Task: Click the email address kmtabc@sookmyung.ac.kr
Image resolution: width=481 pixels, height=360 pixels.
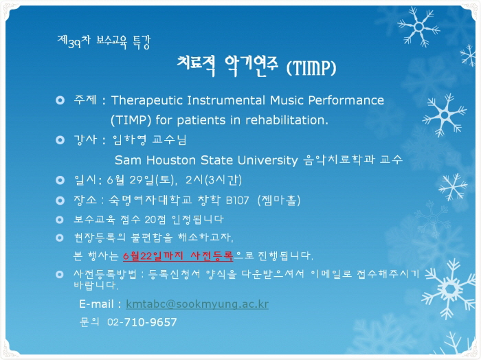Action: tap(197, 304)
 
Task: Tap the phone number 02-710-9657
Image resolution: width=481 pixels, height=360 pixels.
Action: tap(142, 322)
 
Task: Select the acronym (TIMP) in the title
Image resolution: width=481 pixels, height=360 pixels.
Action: tap(311, 68)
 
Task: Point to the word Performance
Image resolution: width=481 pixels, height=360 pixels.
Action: tap(346, 100)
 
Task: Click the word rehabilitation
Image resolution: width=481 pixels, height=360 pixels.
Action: tap(287, 120)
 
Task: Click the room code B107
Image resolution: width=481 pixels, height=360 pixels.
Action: tap(237, 201)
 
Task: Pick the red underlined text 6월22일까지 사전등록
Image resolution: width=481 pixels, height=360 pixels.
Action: tap(178, 256)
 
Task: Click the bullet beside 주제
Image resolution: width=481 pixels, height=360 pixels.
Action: tap(60, 100)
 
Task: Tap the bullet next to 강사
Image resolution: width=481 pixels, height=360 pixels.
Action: tap(60, 140)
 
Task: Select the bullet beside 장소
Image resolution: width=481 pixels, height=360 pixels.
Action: tap(60, 201)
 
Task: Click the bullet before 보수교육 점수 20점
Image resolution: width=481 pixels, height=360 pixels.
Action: tap(60, 220)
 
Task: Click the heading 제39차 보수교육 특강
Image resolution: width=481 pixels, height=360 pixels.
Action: tap(104, 42)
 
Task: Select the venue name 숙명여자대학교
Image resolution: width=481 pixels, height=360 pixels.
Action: tap(150, 201)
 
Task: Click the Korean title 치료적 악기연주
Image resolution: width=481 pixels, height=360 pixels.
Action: tap(227, 66)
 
